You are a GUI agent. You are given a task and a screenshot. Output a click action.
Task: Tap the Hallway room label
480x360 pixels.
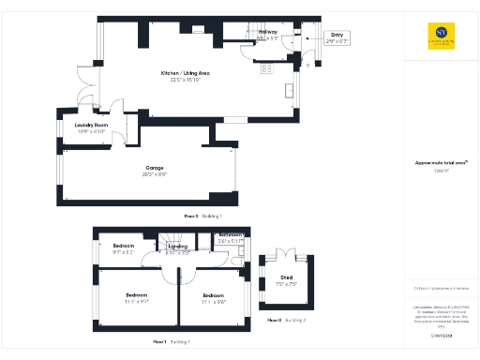point(267,34)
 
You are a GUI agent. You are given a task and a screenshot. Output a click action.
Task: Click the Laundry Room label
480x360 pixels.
point(92,127)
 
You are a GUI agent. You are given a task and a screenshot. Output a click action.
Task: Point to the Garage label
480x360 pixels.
point(154,172)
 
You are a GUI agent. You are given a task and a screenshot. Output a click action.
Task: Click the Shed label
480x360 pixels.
point(285,279)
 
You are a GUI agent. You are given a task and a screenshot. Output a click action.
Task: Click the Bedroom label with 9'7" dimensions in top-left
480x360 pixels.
point(123,249)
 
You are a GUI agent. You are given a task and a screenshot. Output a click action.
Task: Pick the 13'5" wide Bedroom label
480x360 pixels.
point(137,297)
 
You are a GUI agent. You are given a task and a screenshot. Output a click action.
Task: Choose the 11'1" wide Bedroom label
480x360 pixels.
point(214,297)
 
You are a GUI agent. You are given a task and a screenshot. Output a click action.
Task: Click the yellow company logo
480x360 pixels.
point(440,34)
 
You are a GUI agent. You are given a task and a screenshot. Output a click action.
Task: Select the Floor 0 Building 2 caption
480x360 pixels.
point(287,321)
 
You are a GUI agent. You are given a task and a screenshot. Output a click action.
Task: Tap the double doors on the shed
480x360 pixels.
point(284,253)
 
